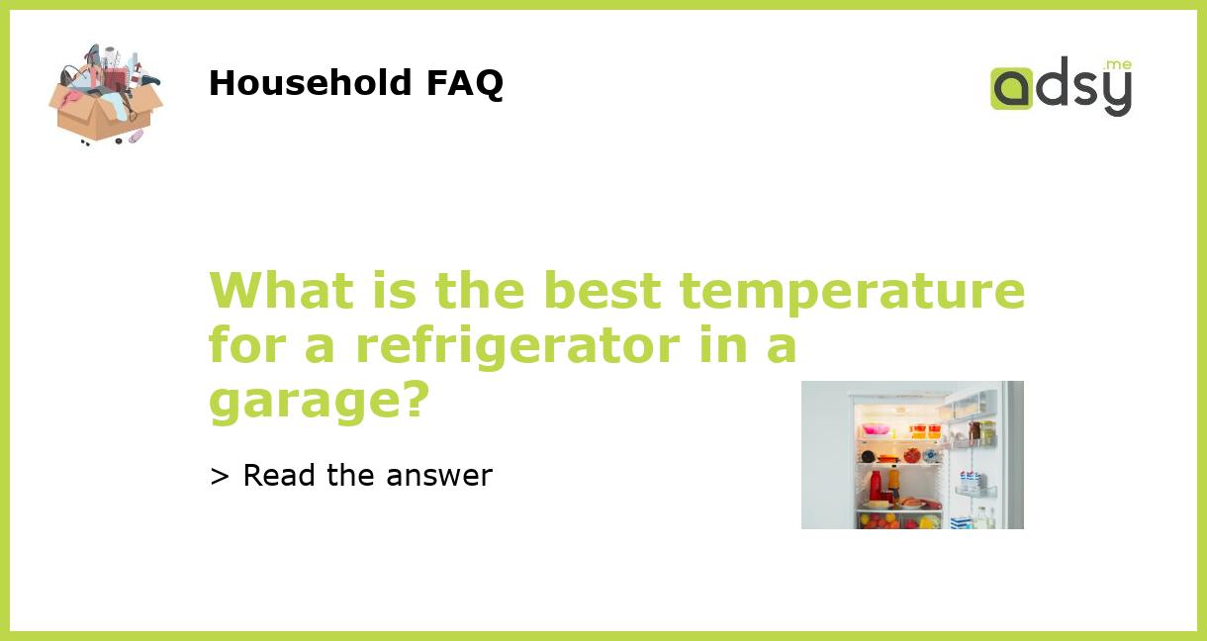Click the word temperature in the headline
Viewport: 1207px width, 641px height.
[852, 291]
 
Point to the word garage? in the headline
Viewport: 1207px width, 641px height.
[319, 400]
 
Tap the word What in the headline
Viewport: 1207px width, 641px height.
[281, 291]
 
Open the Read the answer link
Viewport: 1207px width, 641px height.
[367, 476]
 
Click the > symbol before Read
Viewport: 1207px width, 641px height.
[220, 476]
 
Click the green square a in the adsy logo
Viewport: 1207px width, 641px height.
[1011, 88]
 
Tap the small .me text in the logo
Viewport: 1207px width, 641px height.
[1118, 65]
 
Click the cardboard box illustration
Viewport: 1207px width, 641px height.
[103, 109]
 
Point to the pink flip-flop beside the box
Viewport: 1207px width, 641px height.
[136, 137]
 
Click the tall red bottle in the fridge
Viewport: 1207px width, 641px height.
[875, 485]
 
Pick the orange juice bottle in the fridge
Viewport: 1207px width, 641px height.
[893, 482]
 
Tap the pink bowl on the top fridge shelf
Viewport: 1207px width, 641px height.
[876, 430]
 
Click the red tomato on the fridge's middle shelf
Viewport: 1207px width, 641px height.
[911, 456]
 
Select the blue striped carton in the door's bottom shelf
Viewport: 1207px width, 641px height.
[959, 521]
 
